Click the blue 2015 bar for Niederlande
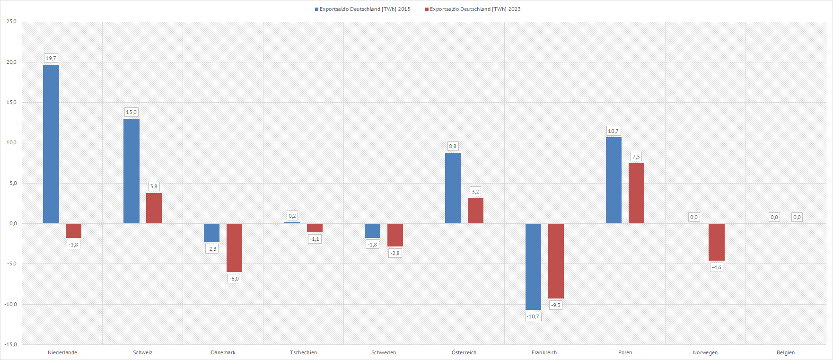tap(51, 144)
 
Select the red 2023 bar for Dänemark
tap(234, 247)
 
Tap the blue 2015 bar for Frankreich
tap(533, 266)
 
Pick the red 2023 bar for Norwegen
tap(717, 242)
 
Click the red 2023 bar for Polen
tap(636, 193)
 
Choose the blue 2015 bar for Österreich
tap(453, 188)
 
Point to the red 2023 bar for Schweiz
tap(154, 208)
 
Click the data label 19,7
tap(51, 58)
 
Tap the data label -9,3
tap(556, 305)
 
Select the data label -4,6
tap(717, 267)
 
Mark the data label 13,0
tap(131, 112)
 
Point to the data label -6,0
tap(234, 279)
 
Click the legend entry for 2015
tap(363, 9)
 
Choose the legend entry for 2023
tap(473, 9)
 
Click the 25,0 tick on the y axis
tap(11, 22)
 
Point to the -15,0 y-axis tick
tap(10, 344)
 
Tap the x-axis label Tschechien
tap(304, 352)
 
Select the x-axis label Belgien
tap(786, 352)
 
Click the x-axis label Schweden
tap(384, 352)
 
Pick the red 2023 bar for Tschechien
tap(315, 228)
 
